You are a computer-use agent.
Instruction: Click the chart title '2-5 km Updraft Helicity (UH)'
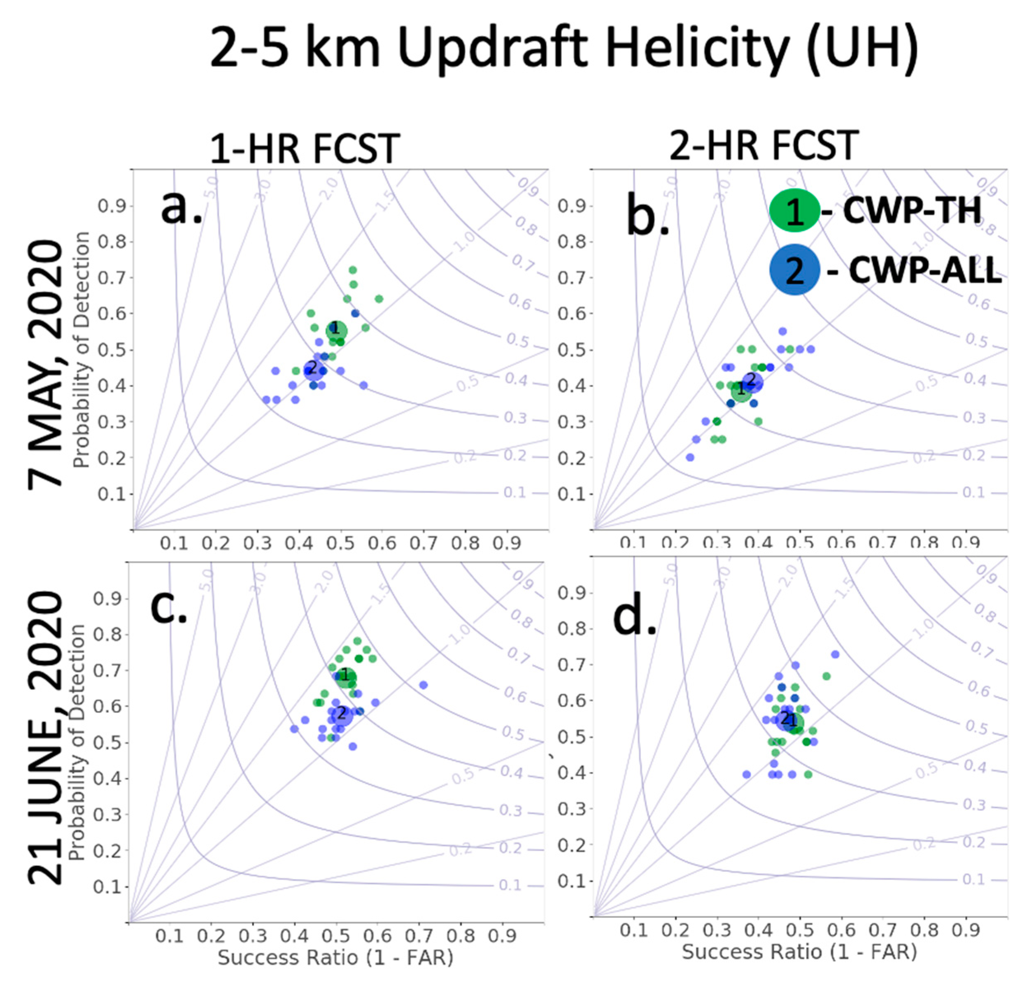click(564, 48)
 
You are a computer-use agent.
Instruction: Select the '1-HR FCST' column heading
click(305, 149)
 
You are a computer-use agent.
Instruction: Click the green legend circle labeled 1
click(794, 210)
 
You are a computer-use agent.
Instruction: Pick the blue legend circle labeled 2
click(794, 270)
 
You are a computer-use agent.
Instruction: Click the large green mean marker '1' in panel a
click(337, 330)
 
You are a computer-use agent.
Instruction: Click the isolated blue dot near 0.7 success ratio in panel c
click(424, 685)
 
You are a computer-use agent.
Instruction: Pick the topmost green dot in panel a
click(353, 270)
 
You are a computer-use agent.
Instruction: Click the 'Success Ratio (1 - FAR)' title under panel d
click(799, 951)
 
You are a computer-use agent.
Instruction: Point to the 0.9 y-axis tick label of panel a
click(112, 206)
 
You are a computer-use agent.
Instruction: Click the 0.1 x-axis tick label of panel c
click(170, 935)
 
